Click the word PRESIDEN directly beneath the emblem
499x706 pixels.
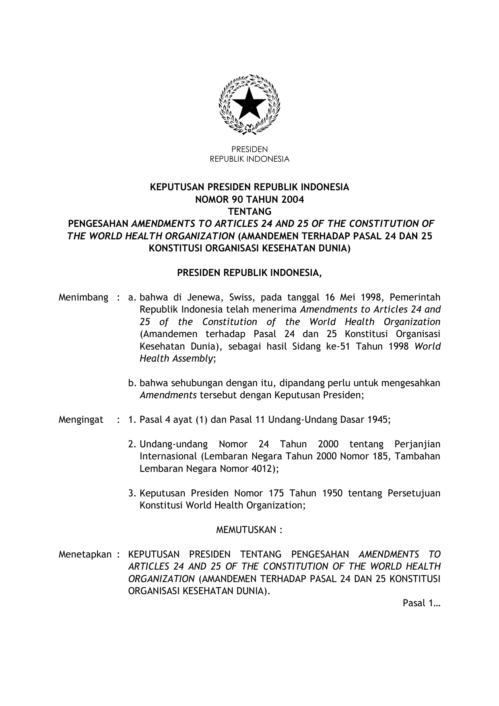point(249,149)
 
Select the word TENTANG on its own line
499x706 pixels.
point(249,212)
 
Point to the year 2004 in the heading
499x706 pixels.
point(293,199)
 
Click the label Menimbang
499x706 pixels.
point(83,298)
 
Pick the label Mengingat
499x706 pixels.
point(81,420)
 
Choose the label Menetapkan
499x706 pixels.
point(85,554)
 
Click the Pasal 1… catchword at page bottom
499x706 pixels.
point(421,603)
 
